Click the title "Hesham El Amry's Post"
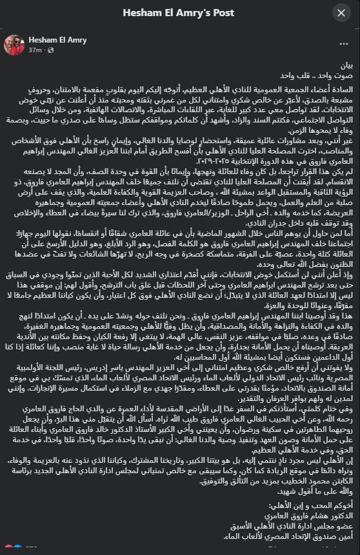[x=179, y=13]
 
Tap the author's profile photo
[x=14, y=44]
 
